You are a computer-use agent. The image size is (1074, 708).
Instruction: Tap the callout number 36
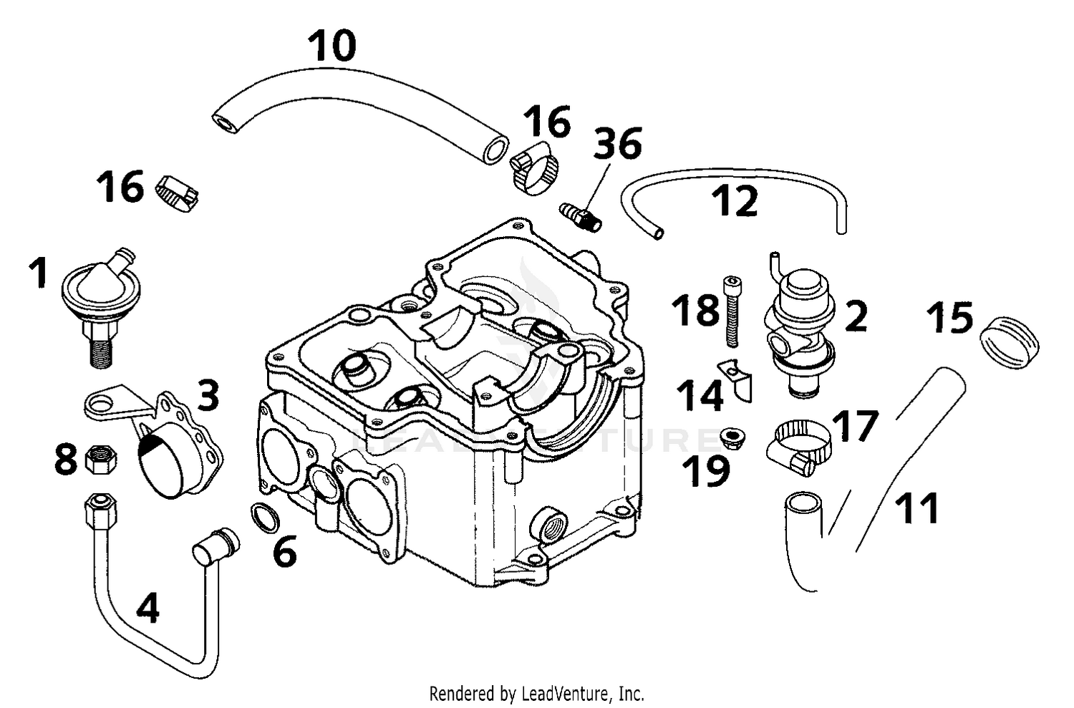point(618,143)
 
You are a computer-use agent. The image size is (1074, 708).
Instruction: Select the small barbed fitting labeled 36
point(581,215)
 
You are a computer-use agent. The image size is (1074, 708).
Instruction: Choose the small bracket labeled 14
point(737,380)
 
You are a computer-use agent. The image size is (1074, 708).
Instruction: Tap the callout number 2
point(856,316)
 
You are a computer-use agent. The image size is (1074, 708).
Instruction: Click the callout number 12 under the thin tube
point(735,201)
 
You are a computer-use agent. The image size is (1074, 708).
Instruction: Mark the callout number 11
point(917,508)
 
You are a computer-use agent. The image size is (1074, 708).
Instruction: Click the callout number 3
point(208,395)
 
